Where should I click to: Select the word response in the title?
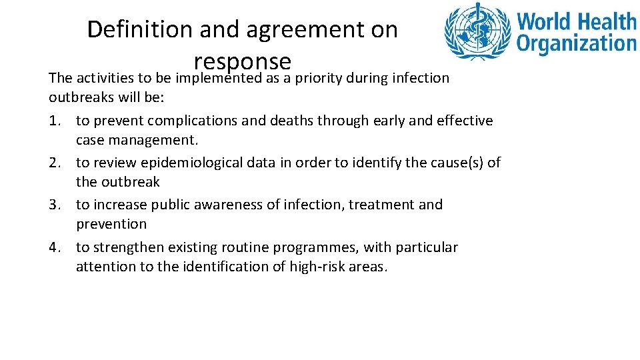[243, 61]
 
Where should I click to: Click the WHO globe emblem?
[478, 32]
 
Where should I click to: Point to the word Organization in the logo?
[577, 44]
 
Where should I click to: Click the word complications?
[189, 121]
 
